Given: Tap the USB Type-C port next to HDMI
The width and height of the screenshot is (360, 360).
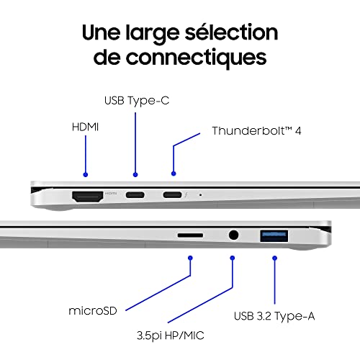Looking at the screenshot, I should (x=135, y=194).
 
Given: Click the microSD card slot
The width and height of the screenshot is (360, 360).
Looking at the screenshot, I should (x=189, y=234).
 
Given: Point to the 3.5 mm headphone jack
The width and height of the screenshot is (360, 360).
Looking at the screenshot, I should (x=233, y=234).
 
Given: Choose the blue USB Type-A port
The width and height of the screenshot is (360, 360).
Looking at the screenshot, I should (x=274, y=233).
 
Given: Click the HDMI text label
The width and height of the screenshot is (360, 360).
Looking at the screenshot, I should (x=85, y=127).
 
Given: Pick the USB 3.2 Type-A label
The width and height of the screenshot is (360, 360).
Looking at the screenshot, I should (x=274, y=315).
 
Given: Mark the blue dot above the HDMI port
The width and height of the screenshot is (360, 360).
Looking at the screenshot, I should (x=86, y=174).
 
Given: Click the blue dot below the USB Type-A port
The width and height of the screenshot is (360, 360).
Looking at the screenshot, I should (x=274, y=254).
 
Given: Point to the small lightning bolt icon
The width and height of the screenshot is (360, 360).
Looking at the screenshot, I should (x=185, y=194).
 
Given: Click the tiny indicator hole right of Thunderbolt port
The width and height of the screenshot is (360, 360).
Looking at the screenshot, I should (x=199, y=194).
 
